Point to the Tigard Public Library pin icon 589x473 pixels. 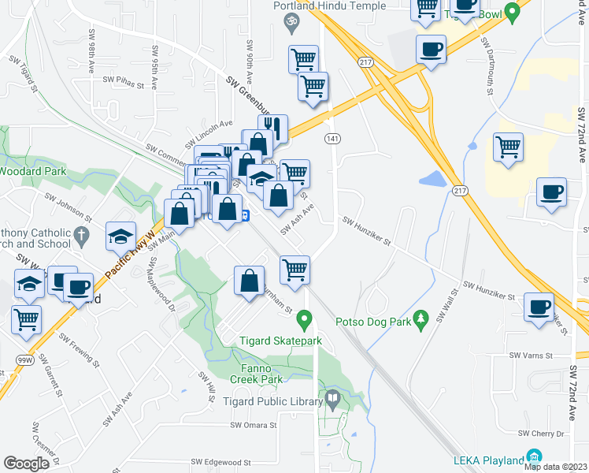point(332,400)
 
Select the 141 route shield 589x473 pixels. point(332,138)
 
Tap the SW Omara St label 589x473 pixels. point(254,425)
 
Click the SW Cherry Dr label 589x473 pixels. point(542,434)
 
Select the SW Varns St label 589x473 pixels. point(528,356)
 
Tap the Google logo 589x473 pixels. point(26,464)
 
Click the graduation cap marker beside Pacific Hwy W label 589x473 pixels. point(121,236)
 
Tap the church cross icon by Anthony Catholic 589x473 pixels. point(80,235)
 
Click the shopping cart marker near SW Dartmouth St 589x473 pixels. point(509,147)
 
